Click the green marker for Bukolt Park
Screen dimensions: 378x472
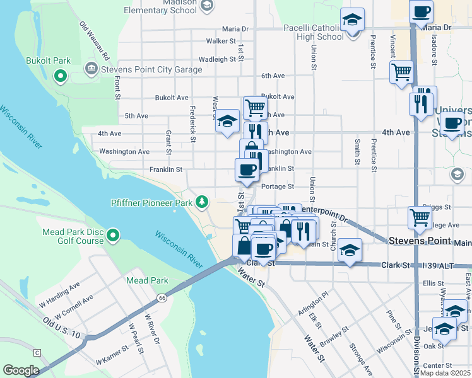(x=61, y=77)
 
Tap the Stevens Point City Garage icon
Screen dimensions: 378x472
(x=90, y=68)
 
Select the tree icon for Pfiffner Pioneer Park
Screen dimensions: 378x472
(x=202, y=202)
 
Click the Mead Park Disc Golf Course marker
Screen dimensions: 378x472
(x=114, y=236)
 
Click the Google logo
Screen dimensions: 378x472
(x=21, y=370)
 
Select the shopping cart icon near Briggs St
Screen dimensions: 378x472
(x=420, y=217)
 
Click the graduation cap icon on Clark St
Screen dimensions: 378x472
(x=350, y=249)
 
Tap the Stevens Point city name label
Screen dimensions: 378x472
(x=420, y=241)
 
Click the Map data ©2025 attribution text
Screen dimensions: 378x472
(x=445, y=373)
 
